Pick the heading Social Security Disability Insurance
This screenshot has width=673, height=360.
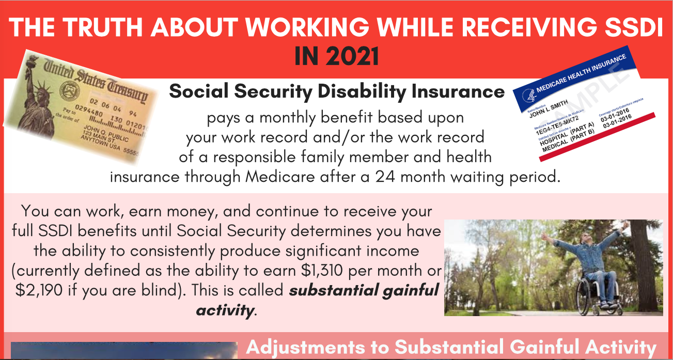(x=337, y=92)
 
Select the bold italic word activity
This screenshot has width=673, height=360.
(x=225, y=310)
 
